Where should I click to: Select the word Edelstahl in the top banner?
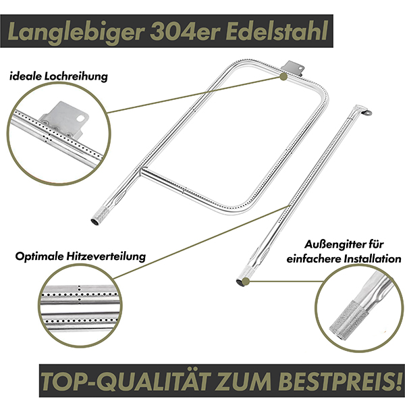(x=277, y=31)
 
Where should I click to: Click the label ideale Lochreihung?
(x=59, y=76)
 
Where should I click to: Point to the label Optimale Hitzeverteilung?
(x=80, y=256)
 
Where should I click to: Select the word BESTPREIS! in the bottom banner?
(x=338, y=381)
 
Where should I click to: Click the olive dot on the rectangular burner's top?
(x=283, y=76)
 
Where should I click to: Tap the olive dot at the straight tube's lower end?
(x=246, y=281)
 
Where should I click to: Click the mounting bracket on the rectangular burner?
(x=294, y=67)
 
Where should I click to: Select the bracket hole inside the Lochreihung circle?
(x=82, y=118)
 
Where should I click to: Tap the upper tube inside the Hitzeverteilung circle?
(x=80, y=295)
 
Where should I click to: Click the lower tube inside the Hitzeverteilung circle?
(x=80, y=321)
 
